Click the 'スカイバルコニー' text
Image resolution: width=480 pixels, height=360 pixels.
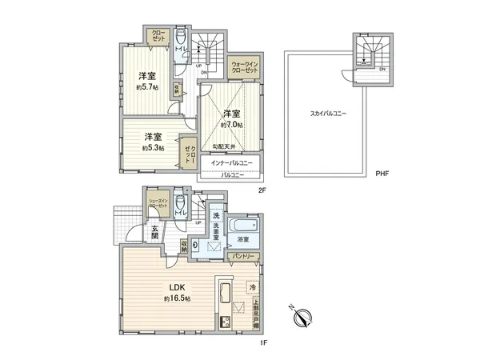[328, 114]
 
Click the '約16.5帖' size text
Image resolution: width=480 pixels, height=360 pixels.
[177, 298]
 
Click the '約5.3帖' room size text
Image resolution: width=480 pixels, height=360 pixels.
[153, 148]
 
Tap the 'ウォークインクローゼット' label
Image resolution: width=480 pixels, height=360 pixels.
[245, 66]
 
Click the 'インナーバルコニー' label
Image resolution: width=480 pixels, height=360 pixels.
[232, 163]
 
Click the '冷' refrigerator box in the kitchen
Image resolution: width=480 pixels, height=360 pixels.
[252, 286]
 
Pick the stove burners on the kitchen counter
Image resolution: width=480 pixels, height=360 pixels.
[224, 322]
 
